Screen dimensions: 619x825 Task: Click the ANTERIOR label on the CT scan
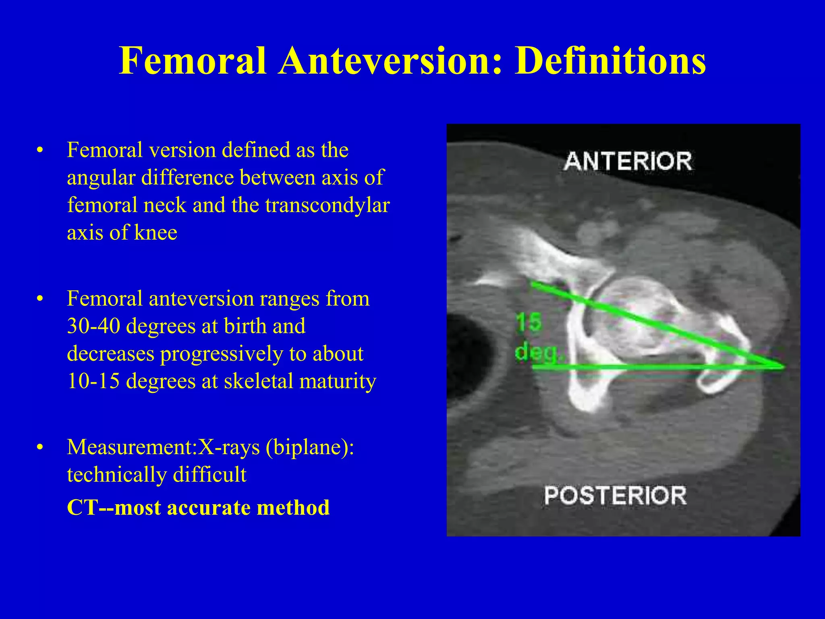tap(628, 161)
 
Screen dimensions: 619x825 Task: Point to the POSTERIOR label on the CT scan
tap(615, 495)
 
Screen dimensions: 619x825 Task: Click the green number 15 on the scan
tap(528, 322)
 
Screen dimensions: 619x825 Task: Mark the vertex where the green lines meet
tap(781, 366)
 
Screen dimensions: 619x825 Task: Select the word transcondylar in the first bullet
tap(327, 205)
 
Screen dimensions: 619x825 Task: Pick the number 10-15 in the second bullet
tap(93, 381)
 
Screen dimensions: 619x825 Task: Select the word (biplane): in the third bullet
tap(310, 447)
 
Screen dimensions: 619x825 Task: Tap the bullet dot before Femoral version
tap(39, 151)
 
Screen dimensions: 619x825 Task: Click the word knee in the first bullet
tap(155, 233)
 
